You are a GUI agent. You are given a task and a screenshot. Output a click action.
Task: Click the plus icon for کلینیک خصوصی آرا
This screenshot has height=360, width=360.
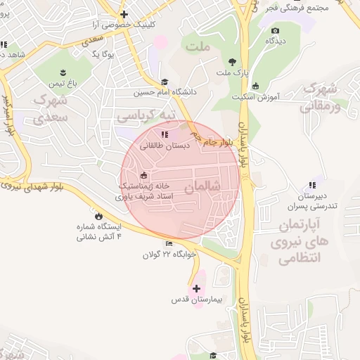pyautogui.click(x=124, y=14)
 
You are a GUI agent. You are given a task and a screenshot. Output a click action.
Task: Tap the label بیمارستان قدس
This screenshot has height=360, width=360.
pyautogui.click(x=197, y=300)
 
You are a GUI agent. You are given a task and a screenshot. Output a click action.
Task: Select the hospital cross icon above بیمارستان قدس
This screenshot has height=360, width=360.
pyautogui.click(x=196, y=288)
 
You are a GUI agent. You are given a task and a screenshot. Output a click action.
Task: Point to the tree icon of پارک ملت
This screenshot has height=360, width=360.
pyautogui.click(x=233, y=61)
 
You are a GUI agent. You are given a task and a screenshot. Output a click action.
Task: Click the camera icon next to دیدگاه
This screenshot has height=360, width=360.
pyautogui.click(x=275, y=30)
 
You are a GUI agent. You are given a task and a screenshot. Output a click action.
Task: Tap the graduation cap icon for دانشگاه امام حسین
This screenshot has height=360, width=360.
pyautogui.click(x=165, y=82)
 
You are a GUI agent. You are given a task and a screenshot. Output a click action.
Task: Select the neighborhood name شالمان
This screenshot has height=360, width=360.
pyautogui.click(x=203, y=188)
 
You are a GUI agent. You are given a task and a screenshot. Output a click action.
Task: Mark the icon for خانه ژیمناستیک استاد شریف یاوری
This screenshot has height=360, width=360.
pyautogui.click(x=143, y=175)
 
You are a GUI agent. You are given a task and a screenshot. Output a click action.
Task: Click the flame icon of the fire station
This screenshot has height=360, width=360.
pyautogui.click(x=98, y=217)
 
